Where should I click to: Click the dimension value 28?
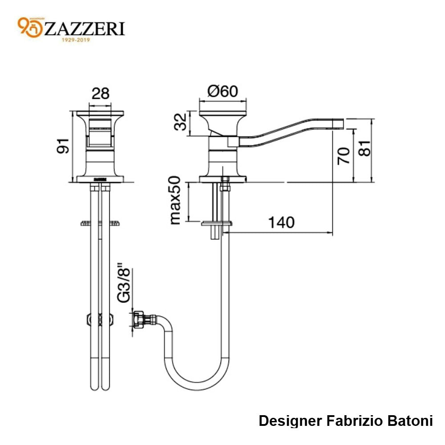point(100,93)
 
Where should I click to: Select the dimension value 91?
point(64,146)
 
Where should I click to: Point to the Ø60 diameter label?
point(223,91)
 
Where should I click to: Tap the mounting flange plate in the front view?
point(100,223)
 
